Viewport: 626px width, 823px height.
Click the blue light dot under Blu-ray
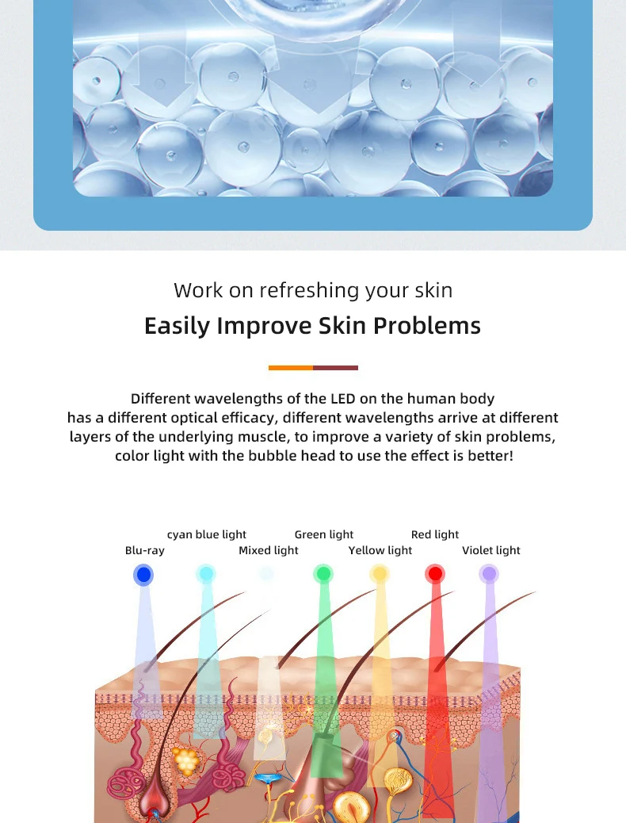143,575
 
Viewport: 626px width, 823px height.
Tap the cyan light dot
206,574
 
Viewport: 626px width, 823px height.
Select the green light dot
323,574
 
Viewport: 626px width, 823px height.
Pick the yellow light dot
379,574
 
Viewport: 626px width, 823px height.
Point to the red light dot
435,574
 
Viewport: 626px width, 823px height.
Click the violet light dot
489,574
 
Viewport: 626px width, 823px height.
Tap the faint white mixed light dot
266,573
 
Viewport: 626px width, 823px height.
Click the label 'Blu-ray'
145,550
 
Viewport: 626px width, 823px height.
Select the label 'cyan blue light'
207,535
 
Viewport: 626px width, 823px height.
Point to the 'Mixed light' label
268,550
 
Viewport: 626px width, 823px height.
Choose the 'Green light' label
324,535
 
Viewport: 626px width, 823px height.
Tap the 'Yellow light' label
380,550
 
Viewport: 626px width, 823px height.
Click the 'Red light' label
435,535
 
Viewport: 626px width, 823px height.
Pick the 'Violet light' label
491,550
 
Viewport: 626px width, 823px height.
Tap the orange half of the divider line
291,368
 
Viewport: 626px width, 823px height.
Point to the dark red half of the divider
336,368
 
